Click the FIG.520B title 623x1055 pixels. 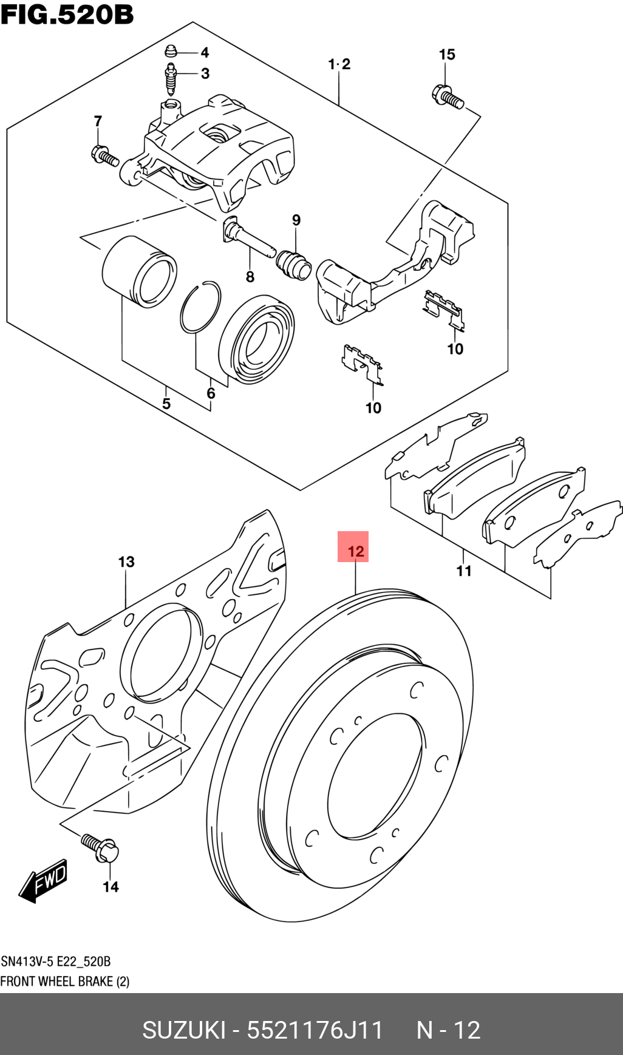pos(67,15)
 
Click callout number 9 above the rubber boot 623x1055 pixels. pos(296,220)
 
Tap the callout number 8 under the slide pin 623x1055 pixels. pos(250,277)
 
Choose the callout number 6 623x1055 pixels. pos(211,393)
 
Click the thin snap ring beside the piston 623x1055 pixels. pos(200,308)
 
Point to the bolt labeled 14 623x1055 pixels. pos(101,846)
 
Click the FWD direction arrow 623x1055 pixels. pos(44,881)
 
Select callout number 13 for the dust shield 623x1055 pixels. pos(126,561)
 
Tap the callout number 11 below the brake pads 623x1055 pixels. pos(464,571)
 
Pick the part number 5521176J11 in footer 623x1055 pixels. pos(315,1030)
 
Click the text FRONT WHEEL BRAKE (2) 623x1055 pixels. pos(65,982)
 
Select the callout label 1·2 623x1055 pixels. pos(339,64)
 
